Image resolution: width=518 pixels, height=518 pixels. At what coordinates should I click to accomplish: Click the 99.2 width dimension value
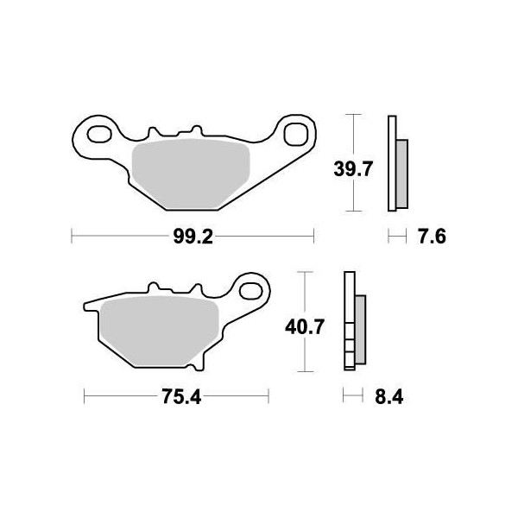(192, 235)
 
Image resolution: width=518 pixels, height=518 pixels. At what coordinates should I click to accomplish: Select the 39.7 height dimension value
(352, 169)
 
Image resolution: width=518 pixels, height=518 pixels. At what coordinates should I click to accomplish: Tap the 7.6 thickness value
(430, 236)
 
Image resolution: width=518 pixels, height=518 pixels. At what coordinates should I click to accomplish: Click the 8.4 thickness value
(384, 397)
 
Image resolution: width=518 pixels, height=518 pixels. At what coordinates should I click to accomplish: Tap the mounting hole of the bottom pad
(252, 288)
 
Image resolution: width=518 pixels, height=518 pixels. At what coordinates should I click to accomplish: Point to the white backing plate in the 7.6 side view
(392, 164)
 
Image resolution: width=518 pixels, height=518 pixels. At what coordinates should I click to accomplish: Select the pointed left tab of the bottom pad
(88, 305)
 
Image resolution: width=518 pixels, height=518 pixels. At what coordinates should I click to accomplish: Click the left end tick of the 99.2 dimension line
(71, 235)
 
